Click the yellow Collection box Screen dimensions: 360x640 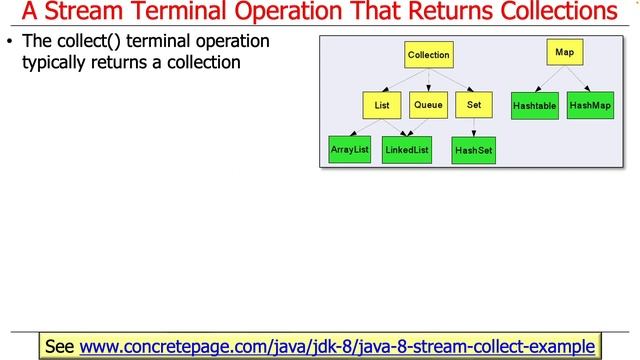pos(429,55)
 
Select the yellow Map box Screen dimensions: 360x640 pos(564,52)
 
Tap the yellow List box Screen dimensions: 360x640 pos(381,104)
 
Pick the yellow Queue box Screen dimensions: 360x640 pos(429,104)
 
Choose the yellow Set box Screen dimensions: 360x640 pos(474,104)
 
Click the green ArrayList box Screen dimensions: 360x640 pos(350,149)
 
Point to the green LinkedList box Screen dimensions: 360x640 pos(407,150)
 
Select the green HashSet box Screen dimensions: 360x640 pos(473,151)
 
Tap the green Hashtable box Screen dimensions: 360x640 pos(534,105)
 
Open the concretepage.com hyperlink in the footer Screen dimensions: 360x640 pos(336,346)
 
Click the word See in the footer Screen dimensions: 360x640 pos(61,346)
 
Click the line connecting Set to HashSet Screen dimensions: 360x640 pos(474,127)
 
